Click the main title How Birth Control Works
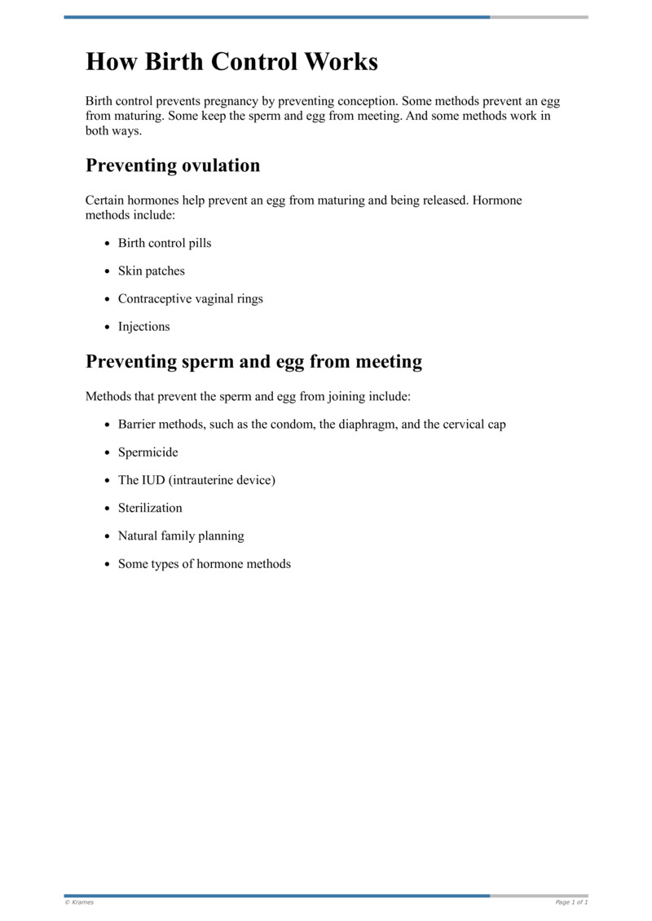(231, 62)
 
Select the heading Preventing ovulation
(173, 165)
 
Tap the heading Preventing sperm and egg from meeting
(253, 361)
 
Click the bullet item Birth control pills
(165, 243)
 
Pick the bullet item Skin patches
(152, 271)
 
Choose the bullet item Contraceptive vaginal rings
(191, 298)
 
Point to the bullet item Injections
(144, 326)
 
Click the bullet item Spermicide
(148, 452)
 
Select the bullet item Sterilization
(150, 507)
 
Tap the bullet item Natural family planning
(181, 535)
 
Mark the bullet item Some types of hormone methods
(205, 563)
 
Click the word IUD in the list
(154, 479)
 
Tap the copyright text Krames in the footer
(81, 902)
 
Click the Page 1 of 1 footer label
(571, 902)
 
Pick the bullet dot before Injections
(108, 327)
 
